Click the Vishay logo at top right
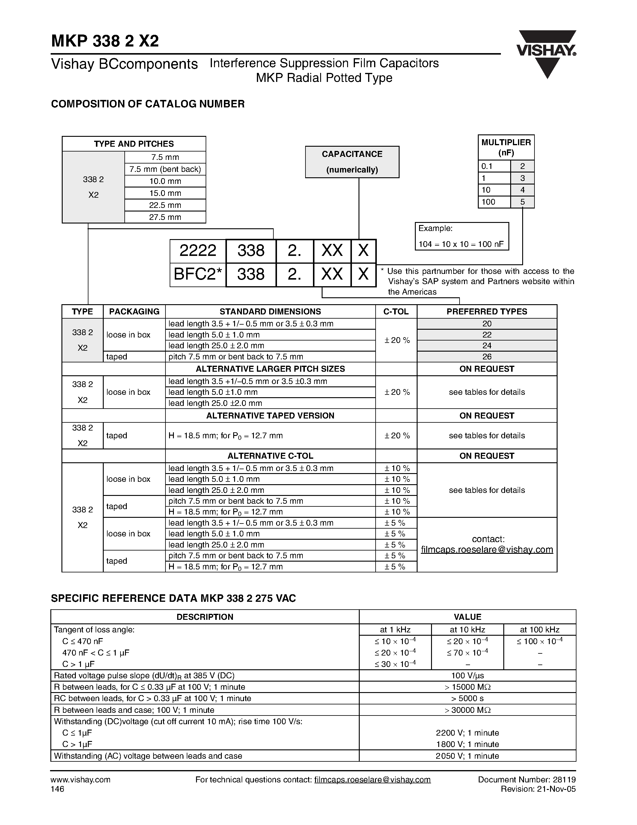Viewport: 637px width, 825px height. pos(546,53)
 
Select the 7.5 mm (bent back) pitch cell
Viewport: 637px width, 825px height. pos(165,169)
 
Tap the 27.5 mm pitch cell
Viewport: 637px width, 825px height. pos(165,217)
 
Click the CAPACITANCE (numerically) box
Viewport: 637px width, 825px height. pos(352,162)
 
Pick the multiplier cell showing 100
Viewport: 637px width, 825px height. pos(494,202)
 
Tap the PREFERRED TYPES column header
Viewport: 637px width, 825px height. pos(487,312)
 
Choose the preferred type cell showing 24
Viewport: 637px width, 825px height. pos(487,346)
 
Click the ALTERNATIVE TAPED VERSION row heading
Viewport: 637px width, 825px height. pos(270,415)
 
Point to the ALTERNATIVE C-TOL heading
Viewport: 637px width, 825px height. pos(270,456)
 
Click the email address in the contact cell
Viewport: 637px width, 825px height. pos(487,550)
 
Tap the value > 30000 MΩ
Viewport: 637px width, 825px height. pos(467,710)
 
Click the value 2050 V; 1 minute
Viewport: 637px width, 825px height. pos(467,756)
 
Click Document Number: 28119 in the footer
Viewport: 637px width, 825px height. pos(526,780)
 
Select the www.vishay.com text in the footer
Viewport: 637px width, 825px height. pos(80,780)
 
